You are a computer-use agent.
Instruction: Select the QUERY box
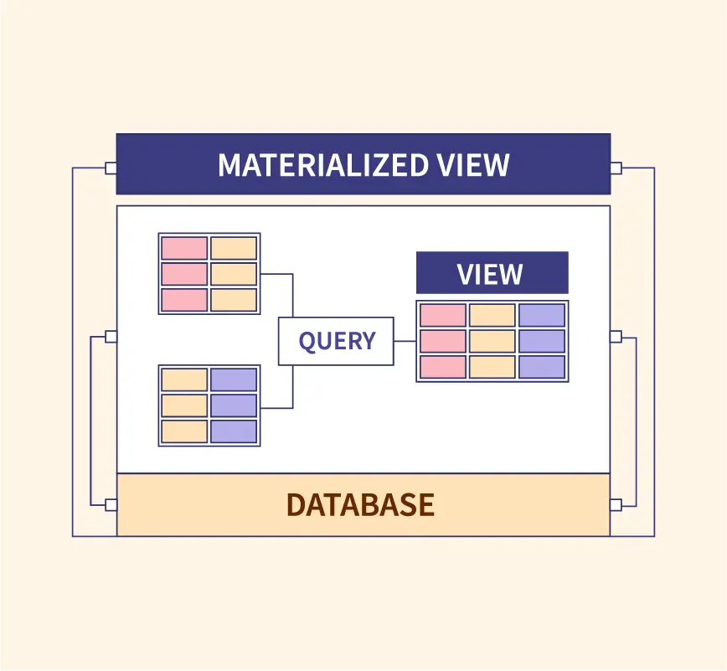336,341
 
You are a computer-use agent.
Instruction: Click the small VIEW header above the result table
492,273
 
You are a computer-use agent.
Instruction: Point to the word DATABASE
360,504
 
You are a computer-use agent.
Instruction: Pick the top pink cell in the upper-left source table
184,248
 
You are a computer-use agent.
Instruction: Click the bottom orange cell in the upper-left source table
234,300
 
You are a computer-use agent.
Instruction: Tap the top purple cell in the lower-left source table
234,379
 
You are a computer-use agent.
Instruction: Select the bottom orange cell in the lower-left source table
184,431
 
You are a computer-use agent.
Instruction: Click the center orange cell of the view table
492,341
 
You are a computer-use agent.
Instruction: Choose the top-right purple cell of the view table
541,315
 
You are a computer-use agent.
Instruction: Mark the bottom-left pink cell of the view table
442,367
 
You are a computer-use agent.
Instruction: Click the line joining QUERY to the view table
405,341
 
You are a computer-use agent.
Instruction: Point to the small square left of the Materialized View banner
111,168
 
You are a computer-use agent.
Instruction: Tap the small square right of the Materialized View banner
616,168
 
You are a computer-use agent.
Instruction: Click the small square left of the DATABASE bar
111,504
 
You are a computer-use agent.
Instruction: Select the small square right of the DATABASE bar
616,504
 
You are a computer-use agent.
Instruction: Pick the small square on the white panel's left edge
111,337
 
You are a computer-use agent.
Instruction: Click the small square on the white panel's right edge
616,337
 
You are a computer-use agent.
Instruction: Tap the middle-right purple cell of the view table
541,341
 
